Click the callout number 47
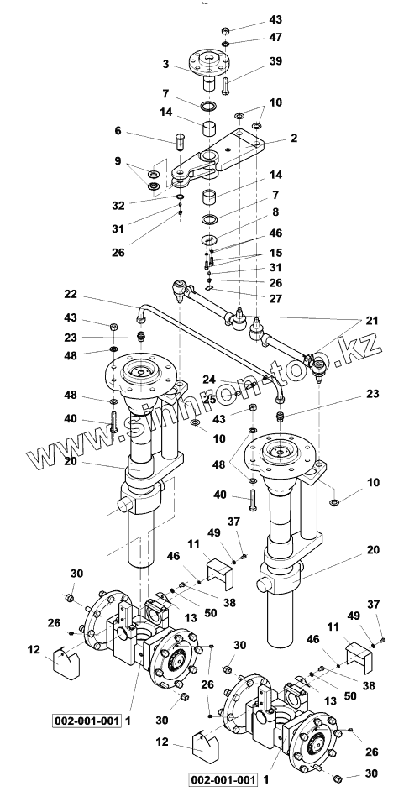(276, 37)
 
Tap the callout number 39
(276, 60)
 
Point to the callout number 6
(118, 131)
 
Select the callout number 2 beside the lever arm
(294, 138)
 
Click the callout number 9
(118, 161)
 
